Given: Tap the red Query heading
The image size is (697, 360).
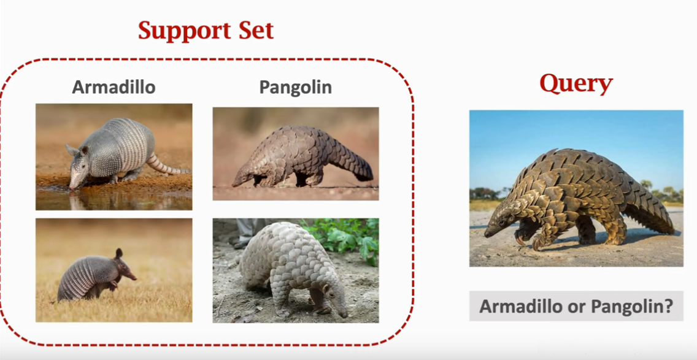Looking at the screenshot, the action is pos(576,84).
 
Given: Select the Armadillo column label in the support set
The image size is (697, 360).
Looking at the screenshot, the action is pos(114,86).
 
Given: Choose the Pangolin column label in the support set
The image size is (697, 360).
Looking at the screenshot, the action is pos(296,87).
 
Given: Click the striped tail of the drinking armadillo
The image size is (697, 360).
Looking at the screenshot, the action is pos(167,165).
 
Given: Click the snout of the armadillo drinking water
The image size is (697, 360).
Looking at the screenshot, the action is pos(72,185).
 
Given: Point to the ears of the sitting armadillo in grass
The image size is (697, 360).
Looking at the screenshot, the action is pos(118,253).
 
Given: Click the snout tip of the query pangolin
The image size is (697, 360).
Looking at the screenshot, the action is pos(487,233).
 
